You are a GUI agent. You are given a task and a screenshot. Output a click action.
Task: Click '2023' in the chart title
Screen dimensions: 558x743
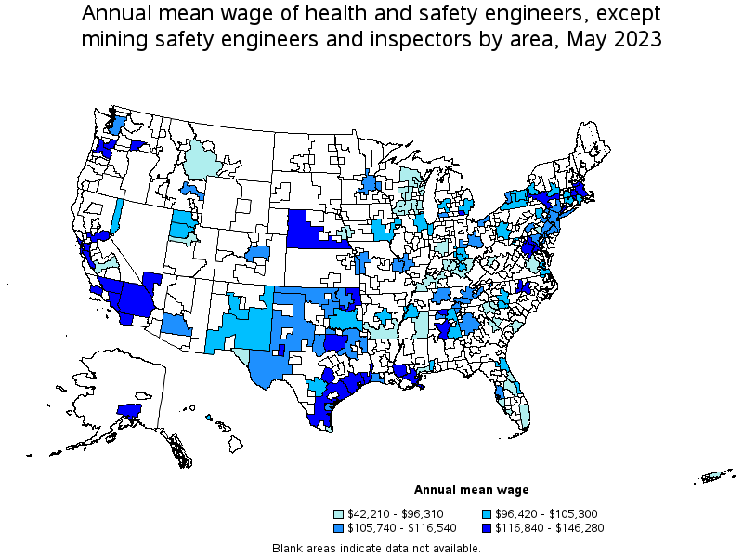pyautogui.click(x=637, y=40)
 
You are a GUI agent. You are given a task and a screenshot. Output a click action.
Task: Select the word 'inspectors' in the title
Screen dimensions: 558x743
pyautogui.click(x=411, y=40)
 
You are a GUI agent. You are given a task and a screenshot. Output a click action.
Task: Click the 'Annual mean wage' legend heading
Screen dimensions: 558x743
pyautogui.click(x=471, y=489)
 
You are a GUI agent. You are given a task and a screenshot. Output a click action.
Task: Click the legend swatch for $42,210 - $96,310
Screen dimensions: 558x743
pyautogui.click(x=340, y=513)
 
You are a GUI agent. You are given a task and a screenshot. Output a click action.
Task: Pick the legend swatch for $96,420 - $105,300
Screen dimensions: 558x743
pyautogui.click(x=489, y=513)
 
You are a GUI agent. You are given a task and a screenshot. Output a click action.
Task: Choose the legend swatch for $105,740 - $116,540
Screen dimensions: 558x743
pyautogui.click(x=340, y=527)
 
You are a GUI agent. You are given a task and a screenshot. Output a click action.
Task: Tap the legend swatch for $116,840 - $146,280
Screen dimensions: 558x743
pyautogui.click(x=489, y=527)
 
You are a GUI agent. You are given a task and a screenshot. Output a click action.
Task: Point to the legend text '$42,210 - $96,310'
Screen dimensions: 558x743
pyautogui.click(x=395, y=513)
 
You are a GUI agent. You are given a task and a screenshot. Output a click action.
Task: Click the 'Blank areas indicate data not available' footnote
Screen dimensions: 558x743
pyautogui.click(x=376, y=549)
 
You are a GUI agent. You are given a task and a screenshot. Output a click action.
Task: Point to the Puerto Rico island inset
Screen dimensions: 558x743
pyautogui.click(x=714, y=478)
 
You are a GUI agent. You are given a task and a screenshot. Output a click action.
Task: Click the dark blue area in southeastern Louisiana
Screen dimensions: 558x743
pyautogui.click(x=409, y=374)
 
